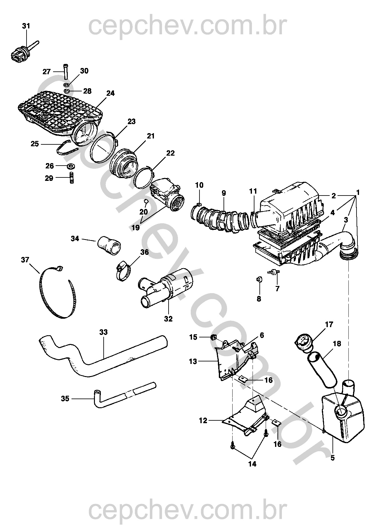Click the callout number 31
[26, 26]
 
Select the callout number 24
[110, 93]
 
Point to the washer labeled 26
[71, 166]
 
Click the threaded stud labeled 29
[71, 178]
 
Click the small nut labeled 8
[259, 279]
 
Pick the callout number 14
[252, 464]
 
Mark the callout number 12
[203, 421]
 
